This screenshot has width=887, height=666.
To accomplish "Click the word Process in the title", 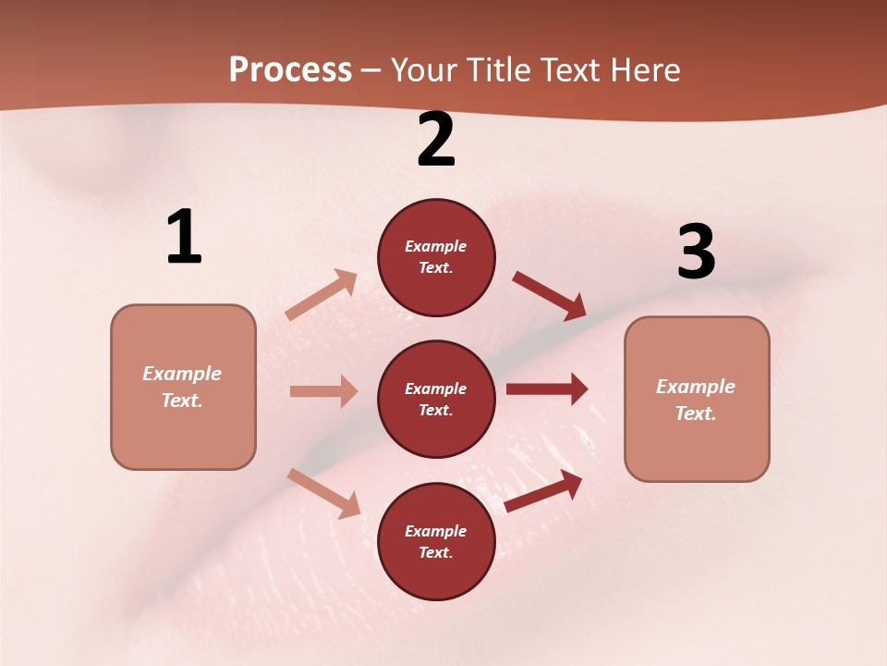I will point(290,70).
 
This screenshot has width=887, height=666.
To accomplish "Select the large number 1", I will point(184,238).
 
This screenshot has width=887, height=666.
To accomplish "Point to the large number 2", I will point(436,141).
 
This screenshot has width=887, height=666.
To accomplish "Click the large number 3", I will point(696,252).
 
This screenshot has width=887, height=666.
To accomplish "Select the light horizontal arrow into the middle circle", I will point(323,391).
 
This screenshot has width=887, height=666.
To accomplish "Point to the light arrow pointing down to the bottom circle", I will point(324,493).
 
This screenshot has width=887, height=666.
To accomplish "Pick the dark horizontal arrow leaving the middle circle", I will point(547,389).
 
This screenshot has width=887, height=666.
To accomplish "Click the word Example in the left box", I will point(182,374).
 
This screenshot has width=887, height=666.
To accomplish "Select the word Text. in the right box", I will point(696,413).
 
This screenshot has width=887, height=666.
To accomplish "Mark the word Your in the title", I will point(426,70).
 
